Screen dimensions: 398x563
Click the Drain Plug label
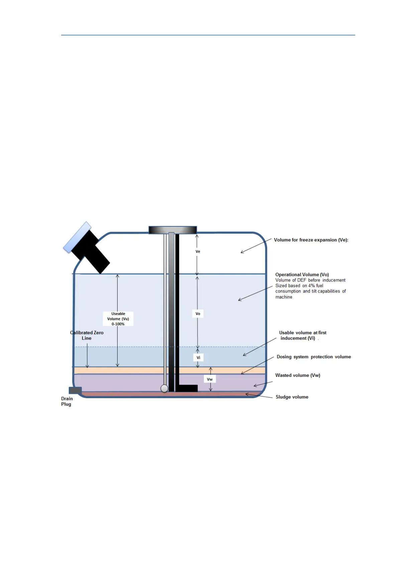pyautogui.click(x=67, y=401)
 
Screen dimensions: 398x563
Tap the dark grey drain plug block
pyautogui.click(x=75, y=390)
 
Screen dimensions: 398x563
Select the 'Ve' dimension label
pyautogui.click(x=198, y=251)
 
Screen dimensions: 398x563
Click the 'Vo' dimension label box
pyautogui.click(x=198, y=314)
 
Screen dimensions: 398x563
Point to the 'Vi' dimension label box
pyautogui.click(x=198, y=357)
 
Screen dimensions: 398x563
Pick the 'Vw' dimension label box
pyautogui.click(x=210, y=379)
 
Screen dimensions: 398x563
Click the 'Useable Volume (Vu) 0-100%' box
pyautogui.click(x=118, y=319)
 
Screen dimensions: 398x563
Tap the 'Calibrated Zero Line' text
pyautogui.click(x=87, y=335)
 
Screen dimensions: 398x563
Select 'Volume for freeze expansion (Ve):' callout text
pyautogui.click(x=311, y=240)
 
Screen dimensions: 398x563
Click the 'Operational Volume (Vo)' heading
pyautogui.click(x=302, y=274)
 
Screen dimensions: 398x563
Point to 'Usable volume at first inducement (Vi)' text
pyautogui.click(x=302, y=335)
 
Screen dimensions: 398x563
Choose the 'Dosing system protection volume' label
pyautogui.click(x=313, y=357)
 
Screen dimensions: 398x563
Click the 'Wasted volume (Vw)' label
pyautogui.click(x=297, y=375)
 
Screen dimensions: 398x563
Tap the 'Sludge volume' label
pyautogui.click(x=292, y=397)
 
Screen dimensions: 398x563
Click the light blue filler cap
pyautogui.click(x=77, y=237)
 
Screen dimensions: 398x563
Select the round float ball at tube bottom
pyautogui.click(x=164, y=388)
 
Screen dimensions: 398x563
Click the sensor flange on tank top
pyautogui.click(x=172, y=230)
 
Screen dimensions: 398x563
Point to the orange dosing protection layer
pyautogui.click(x=134, y=370)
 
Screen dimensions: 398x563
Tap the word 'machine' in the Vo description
pyautogui.click(x=284, y=297)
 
